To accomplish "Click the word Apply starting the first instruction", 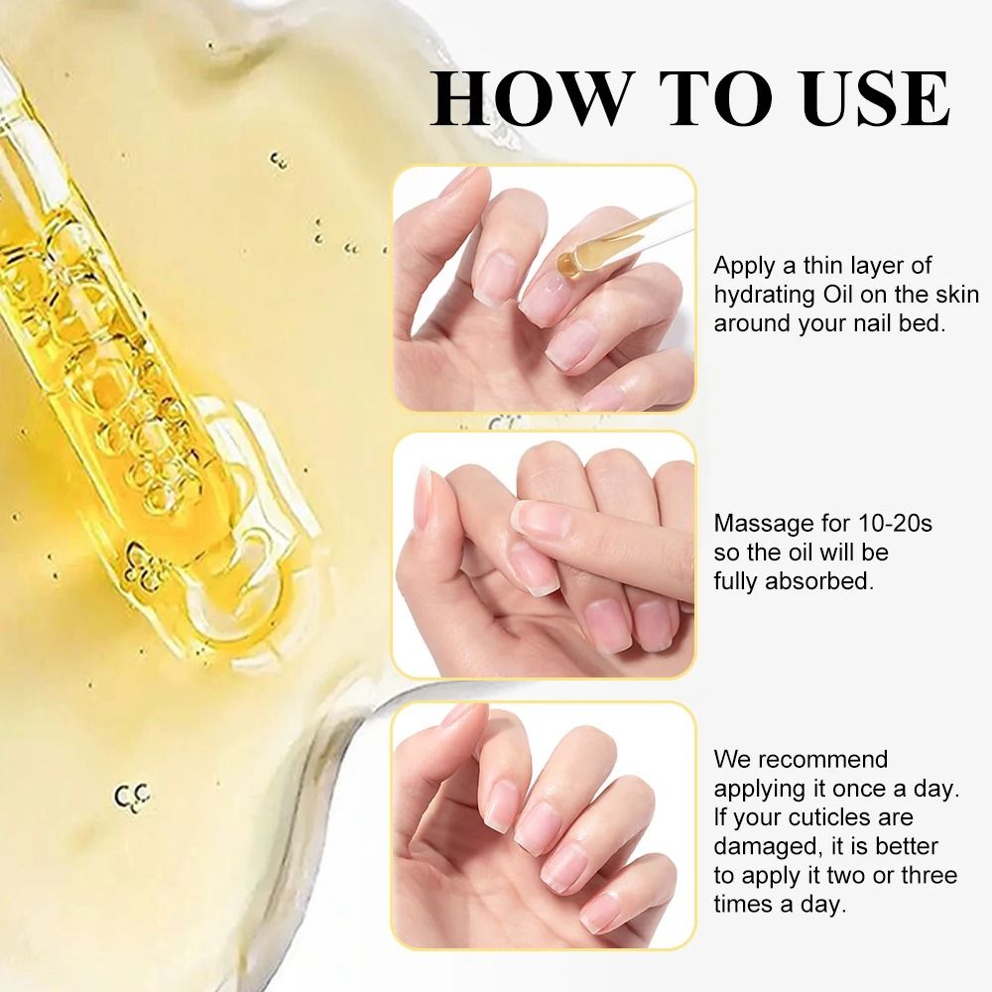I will pos(740,267).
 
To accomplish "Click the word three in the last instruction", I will pos(927,875).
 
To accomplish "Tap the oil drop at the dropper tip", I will pos(566,262).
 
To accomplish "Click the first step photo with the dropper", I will pos(544,288).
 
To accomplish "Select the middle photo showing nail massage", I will pos(544,556).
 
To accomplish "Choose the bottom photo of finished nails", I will pos(544,825).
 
